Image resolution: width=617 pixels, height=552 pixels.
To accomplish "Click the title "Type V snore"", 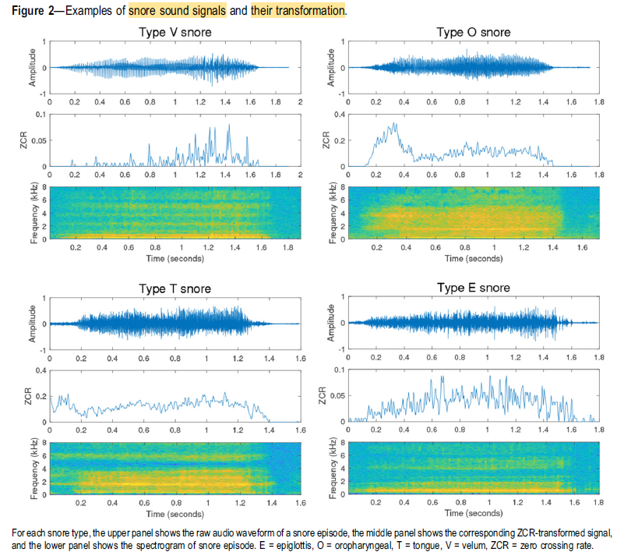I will tap(175, 32).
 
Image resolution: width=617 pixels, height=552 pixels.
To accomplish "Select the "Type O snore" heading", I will tap(473, 32).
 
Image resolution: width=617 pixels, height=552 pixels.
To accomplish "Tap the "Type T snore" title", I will tap(175, 288).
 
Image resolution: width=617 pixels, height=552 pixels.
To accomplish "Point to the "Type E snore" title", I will tap(473, 288).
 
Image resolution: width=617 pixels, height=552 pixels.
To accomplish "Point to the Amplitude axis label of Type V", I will tap(33, 67).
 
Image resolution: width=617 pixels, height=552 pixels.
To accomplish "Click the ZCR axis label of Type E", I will tap(326, 395).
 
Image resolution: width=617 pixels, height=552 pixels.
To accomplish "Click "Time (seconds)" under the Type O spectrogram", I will tap(474, 258).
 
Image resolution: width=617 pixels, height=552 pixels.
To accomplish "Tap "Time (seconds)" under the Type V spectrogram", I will tap(175, 258).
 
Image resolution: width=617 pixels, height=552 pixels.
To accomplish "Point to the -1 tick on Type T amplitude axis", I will tap(42, 350).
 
